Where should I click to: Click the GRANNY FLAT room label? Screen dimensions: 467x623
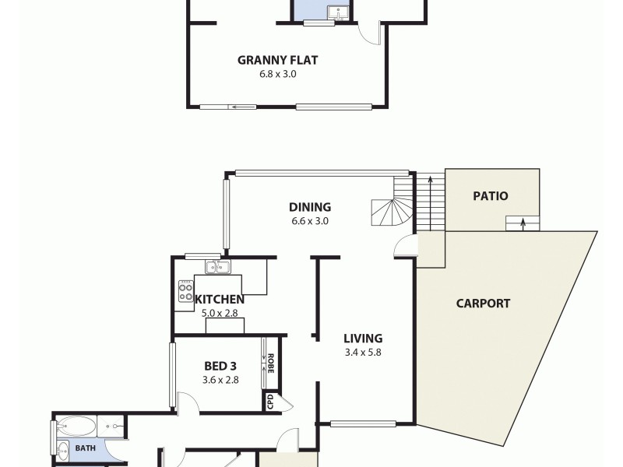[x=277, y=60]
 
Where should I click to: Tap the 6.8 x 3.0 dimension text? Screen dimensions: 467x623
[x=277, y=75]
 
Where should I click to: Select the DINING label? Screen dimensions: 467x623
[x=310, y=207]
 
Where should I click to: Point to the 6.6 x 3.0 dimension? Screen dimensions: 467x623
[x=310, y=221]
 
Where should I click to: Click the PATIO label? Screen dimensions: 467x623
[x=491, y=196]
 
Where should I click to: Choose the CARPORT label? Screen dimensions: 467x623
[x=483, y=304]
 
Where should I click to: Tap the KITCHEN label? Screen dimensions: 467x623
[x=220, y=300]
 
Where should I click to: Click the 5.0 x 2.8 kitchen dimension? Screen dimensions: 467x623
[x=220, y=314]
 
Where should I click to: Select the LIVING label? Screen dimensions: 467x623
[x=363, y=339]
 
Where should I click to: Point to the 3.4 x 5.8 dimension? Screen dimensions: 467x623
[x=363, y=353]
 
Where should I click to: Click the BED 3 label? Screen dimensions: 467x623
[x=220, y=366]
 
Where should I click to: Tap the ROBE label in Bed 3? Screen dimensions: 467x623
[x=270, y=363]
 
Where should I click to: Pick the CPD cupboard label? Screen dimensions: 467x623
[x=270, y=402]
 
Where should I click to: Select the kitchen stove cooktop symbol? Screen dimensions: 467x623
[x=186, y=290]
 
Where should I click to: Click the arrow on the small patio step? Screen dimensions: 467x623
[x=523, y=224]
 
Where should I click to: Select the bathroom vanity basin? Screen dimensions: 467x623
[x=62, y=448]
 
